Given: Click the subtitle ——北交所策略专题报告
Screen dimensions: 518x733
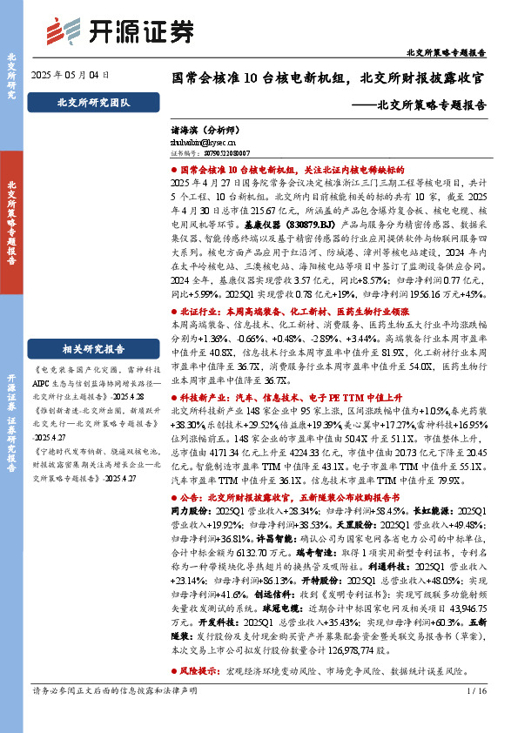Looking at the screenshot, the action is [x=424, y=104].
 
